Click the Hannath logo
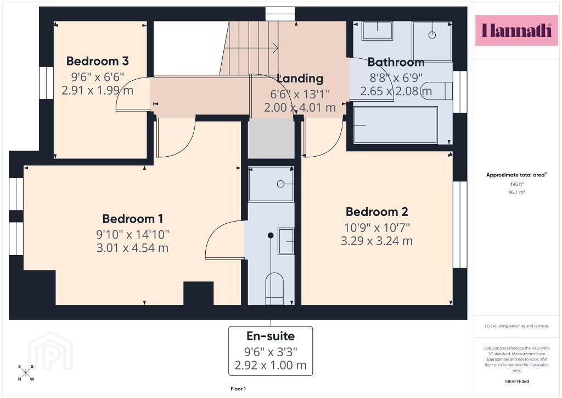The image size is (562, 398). pos(516,30)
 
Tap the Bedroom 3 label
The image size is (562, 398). pos(98,61)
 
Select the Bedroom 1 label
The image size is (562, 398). pos(133,219)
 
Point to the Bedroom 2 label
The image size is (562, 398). pos(376,212)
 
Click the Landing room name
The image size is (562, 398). pos(300,79)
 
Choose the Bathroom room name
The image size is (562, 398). pos(396,62)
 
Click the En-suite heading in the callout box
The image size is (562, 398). pos(271,336)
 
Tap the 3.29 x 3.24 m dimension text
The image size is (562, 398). pos(376,240)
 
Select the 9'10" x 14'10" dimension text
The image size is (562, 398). pos(133,234)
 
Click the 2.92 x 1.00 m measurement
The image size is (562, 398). pos(271,366)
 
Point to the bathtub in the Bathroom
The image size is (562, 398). pos(395,125)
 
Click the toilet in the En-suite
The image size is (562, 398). pos(274,289)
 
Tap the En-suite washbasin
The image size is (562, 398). pos(286,241)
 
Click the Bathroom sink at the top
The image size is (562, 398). pos(377,30)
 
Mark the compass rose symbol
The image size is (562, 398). pos(26,373)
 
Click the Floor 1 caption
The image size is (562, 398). pos(238,389)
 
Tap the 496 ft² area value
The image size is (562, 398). pos(516,184)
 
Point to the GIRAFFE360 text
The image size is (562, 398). pos(516,382)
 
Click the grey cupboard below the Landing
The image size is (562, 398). pos(271,138)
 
